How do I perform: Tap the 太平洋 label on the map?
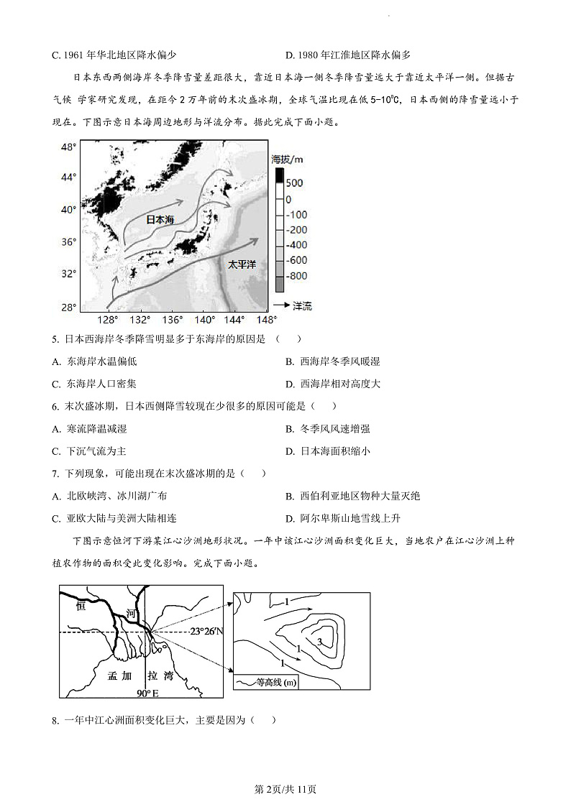(x=242, y=264)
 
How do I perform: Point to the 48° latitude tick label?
(x=68, y=147)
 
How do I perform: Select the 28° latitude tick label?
(x=68, y=307)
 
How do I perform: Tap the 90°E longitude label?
(x=147, y=693)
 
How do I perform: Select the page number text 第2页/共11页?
(x=285, y=789)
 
